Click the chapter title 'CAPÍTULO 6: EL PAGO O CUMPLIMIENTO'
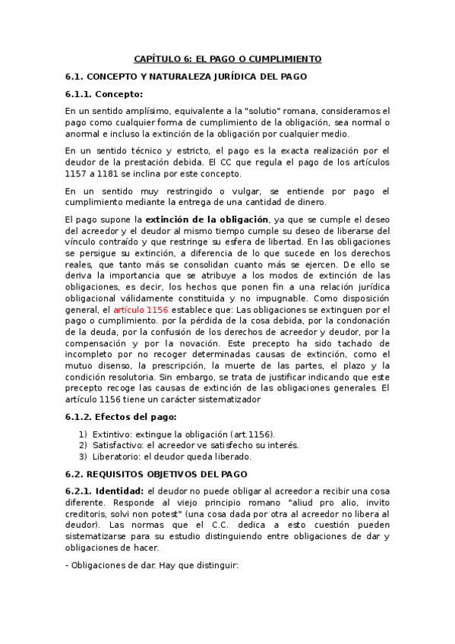(227, 58)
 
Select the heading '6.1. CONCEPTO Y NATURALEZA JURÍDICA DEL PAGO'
(186, 77)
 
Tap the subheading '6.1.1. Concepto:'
(104, 94)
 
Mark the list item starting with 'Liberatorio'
(172, 456)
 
